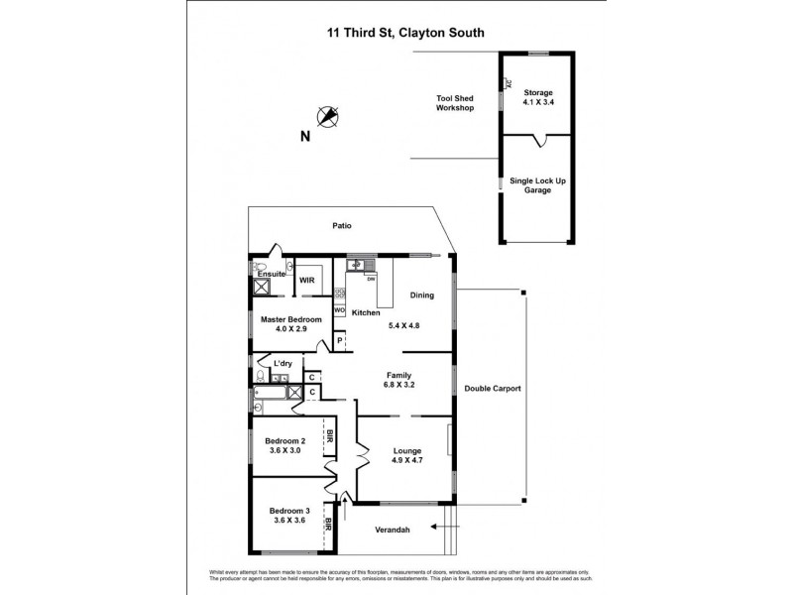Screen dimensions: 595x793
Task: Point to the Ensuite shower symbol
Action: coord(264,289)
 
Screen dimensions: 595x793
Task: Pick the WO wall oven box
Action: coord(339,311)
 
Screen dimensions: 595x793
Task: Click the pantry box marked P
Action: coord(339,341)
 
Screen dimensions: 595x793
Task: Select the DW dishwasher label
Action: coord(371,279)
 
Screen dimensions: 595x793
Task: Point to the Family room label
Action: coord(399,376)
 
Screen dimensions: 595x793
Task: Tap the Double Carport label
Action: coord(493,388)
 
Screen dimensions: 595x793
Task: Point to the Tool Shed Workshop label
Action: coord(455,103)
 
